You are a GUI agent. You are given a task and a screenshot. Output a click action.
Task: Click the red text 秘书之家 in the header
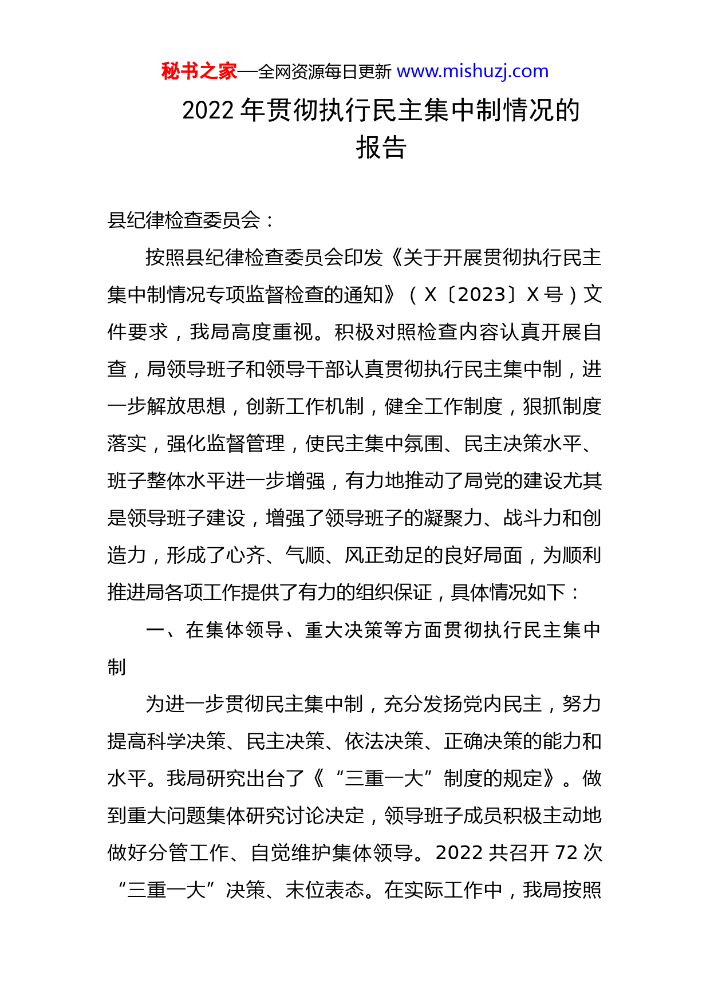coord(199,72)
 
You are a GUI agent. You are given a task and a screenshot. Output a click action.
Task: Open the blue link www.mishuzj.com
coord(472,72)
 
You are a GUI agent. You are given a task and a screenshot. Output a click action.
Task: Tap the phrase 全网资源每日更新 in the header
coord(324,72)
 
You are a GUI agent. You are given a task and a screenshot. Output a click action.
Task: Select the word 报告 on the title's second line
coord(381,148)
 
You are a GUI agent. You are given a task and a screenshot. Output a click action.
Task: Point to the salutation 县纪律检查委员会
coord(184,220)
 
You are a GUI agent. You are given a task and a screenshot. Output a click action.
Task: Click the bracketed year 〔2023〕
coord(482,295)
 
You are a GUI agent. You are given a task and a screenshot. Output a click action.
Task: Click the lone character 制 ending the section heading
coord(117,667)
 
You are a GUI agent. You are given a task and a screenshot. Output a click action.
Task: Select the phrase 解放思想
coord(186,406)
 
